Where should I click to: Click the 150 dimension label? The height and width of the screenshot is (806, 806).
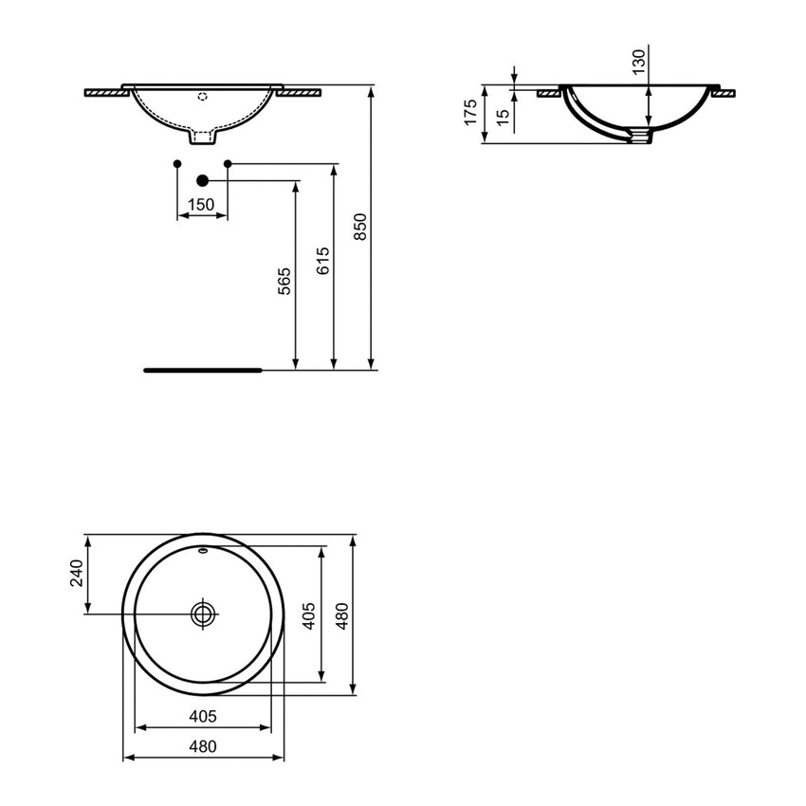point(200,204)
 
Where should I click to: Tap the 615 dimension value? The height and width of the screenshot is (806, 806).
point(322,261)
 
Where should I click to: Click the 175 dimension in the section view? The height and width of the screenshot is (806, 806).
point(469,113)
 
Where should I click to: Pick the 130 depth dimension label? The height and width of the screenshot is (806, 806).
point(638,62)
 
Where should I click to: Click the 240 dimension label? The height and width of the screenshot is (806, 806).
point(78,574)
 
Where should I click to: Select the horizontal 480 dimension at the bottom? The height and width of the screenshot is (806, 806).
point(203,746)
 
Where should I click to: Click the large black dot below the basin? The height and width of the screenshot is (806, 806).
point(202,180)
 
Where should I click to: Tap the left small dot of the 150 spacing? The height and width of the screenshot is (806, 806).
point(178,164)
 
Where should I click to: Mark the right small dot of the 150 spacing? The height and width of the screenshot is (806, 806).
point(228,164)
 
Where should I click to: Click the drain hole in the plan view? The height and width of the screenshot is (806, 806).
point(203,614)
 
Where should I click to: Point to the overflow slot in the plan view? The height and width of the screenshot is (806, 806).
point(203,550)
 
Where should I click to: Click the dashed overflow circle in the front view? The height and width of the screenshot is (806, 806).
point(202,96)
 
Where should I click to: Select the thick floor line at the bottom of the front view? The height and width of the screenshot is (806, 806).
point(201,370)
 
